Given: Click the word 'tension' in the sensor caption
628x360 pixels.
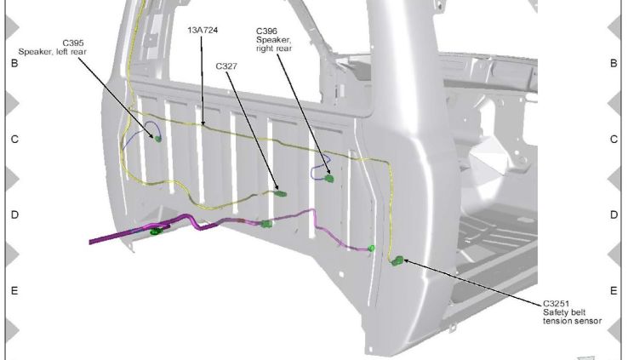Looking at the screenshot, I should (561, 321).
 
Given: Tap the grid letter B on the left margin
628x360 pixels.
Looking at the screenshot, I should (14, 64).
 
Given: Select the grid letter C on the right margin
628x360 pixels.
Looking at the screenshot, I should (614, 140).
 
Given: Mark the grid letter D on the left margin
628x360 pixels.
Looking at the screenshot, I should (14, 215).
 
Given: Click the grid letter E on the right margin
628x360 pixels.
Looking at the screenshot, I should (614, 291).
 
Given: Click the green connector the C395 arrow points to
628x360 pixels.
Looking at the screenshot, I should (158, 137).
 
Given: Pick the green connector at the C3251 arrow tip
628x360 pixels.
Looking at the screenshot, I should (397, 260).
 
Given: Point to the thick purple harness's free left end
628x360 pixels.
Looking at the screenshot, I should (92, 242).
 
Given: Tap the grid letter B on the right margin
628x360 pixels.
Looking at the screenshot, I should (614, 64).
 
